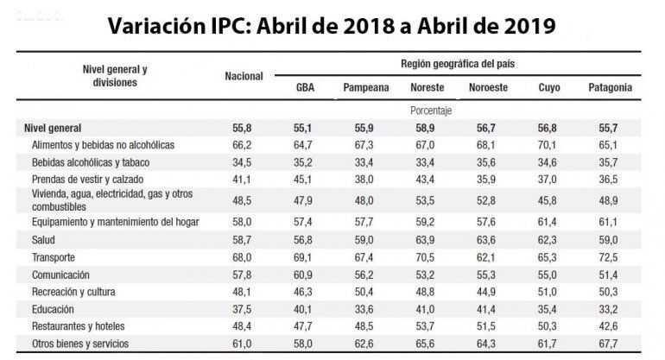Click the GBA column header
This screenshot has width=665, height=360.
point(305,88)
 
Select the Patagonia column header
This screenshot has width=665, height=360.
point(609,88)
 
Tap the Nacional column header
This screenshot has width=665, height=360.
point(243,76)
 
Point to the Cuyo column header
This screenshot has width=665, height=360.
point(548,88)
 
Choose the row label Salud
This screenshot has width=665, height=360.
point(43,241)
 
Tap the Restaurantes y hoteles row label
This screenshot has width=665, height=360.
point(77,326)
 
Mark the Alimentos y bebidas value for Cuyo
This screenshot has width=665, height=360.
point(548,144)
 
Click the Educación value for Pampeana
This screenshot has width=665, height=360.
point(366,309)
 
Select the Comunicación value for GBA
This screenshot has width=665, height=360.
point(305,275)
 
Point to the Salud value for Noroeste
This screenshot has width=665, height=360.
point(487,241)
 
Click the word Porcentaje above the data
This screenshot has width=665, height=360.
point(432,111)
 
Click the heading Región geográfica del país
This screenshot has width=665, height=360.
point(459,65)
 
